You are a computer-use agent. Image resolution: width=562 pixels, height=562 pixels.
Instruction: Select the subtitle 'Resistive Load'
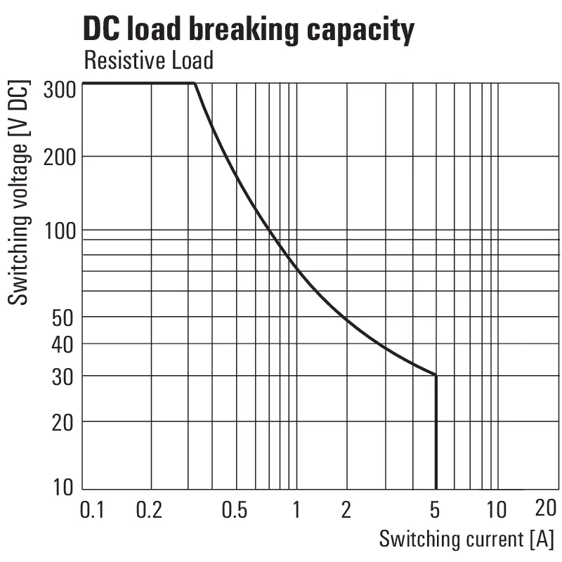point(148,60)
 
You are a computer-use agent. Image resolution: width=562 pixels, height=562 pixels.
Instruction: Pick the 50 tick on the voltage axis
point(63,317)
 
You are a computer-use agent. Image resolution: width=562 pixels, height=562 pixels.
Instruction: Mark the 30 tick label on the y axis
point(63,376)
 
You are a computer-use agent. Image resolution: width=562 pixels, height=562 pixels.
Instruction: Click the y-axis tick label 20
point(63,421)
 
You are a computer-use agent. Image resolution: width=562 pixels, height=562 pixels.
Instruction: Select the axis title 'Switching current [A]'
point(466,540)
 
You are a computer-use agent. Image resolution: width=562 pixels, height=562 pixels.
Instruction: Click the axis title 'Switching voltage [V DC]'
point(20,194)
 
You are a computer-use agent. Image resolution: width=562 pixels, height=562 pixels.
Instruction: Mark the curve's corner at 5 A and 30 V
point(436,375)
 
